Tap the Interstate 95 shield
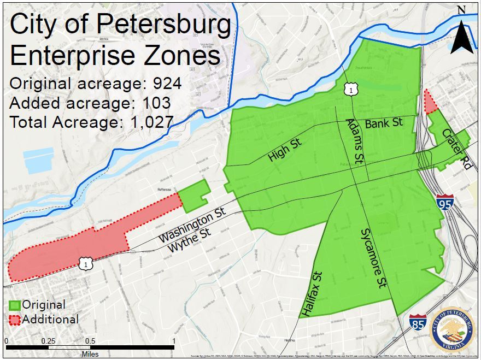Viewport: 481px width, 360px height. (445, 203)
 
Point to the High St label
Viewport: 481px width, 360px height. (285, 150)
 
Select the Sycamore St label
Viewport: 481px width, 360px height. (373, 258)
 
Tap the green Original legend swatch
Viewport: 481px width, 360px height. (15, 305)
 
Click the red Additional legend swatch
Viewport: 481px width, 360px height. (15, 320)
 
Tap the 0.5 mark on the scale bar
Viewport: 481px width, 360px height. (90, 341)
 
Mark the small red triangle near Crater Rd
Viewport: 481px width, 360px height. (430, 101)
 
